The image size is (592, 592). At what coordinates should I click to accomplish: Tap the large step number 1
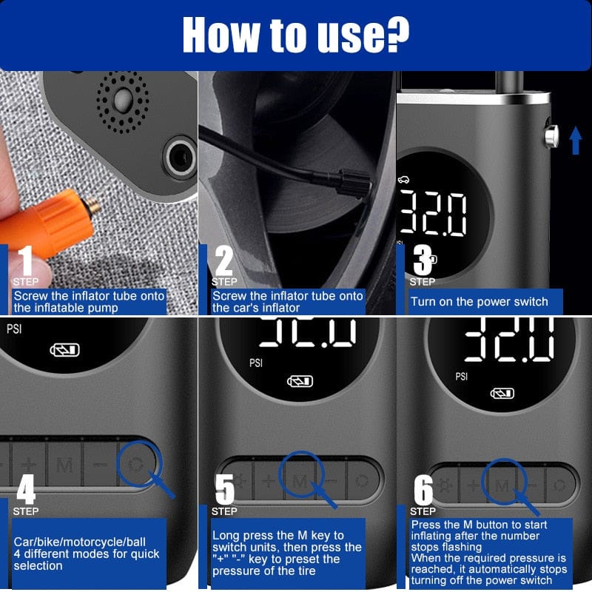25,260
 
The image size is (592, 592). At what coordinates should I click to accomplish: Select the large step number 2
223,260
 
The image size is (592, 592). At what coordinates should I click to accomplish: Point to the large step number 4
26,488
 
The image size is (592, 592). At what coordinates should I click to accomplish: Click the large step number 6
423,490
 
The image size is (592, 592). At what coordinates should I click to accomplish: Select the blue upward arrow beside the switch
576,139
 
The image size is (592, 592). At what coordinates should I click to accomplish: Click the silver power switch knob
551,138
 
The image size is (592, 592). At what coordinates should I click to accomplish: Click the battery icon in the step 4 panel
64,350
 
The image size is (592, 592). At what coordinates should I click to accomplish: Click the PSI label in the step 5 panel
256,363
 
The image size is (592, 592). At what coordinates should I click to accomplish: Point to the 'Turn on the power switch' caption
480,301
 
